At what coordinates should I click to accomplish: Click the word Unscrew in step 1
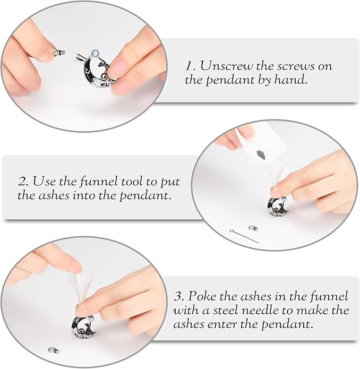226,66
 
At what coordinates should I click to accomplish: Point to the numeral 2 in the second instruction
23,182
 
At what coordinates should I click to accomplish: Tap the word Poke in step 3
202,296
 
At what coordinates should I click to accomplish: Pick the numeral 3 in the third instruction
178,296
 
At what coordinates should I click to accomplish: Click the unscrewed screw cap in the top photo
59,52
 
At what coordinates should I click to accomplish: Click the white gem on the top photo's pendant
96,53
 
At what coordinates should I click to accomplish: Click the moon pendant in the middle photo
278,207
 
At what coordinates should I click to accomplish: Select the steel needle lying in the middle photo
244,236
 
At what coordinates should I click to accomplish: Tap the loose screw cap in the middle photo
253,228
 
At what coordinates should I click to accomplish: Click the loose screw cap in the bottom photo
54,350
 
